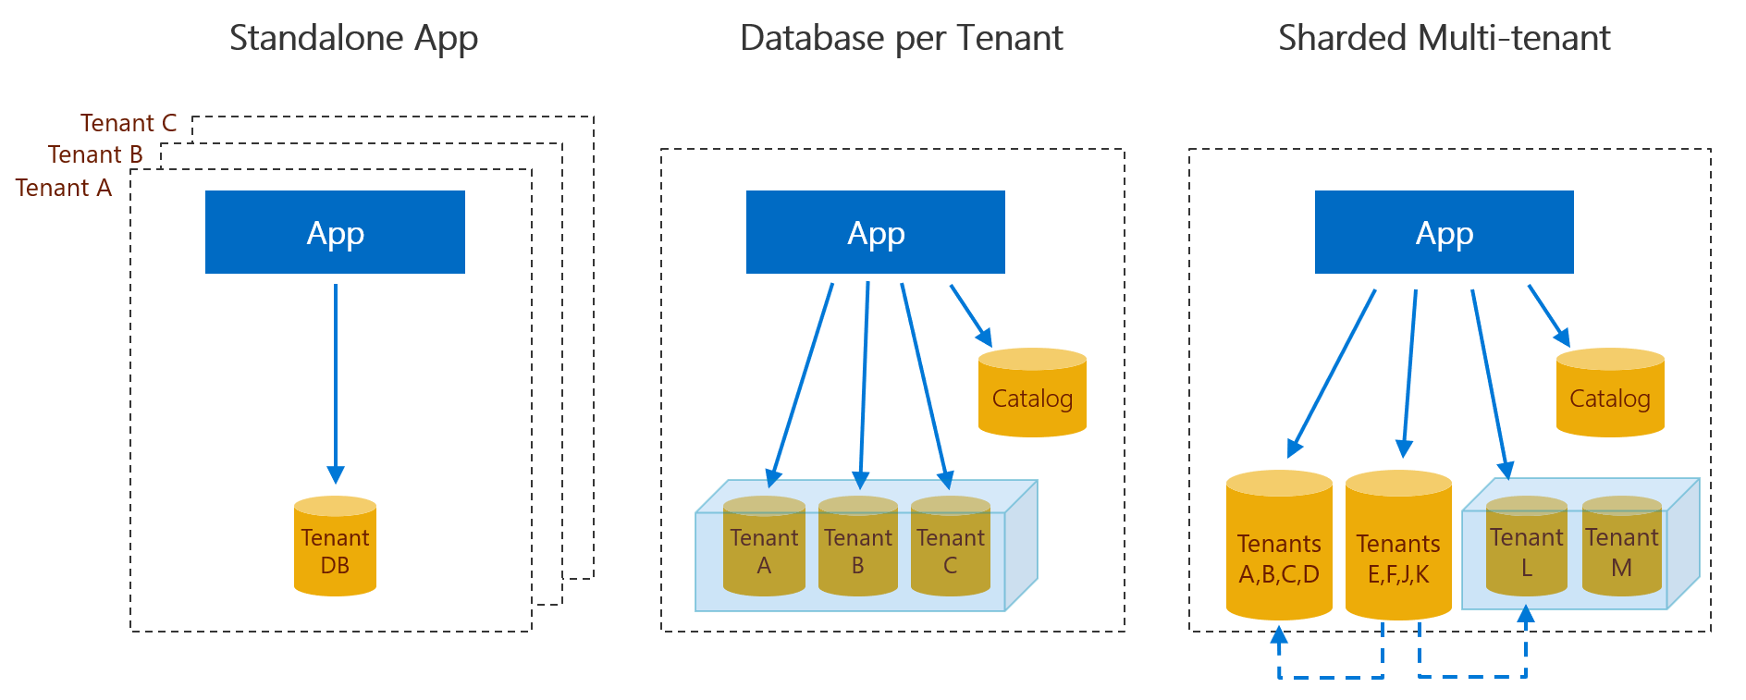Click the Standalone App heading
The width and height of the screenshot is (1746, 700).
click(x=353, y=39)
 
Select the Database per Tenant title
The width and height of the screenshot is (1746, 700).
click(x=901, y=39)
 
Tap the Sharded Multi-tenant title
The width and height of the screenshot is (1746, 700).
click(x=1444, y=39)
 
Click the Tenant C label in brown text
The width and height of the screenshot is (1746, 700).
click(x=128, y=123)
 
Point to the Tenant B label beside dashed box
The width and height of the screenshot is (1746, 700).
click(x=95, y=154)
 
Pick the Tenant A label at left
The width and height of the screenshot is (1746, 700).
click(x=63, y=188)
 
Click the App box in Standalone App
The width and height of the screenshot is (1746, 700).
click(x=335, y=232)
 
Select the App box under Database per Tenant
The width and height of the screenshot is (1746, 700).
click(x=875, y=232)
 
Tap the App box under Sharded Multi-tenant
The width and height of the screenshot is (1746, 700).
click(x=1444, y=232)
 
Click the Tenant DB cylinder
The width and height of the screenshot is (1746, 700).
click(x=335, y=547)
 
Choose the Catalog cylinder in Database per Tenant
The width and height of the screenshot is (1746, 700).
click(x=1032, y=394)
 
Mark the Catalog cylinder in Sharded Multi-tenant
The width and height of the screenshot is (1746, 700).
click(x=1610, y=394)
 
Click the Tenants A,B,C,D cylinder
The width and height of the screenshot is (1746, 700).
click(x=1279, y=547)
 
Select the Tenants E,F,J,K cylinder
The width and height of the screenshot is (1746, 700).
click(x=1398, y=547)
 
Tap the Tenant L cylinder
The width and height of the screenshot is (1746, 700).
click(x=1526, y=547)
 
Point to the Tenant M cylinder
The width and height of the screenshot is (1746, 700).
click(x=1622, y=547)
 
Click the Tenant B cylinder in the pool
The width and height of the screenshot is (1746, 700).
click(x=857, y=547)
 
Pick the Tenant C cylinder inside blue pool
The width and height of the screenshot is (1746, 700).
click(x=950, y=547)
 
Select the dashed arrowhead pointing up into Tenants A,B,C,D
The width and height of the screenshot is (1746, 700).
click(x=1279, y=635)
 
